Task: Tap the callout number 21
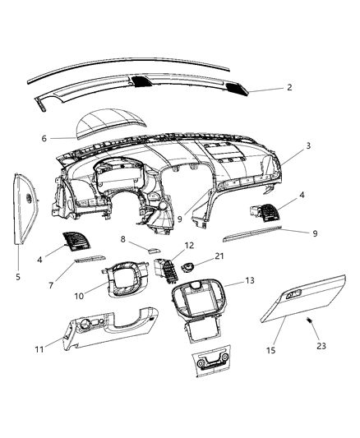pyautogui.click(x=219, y=256)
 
